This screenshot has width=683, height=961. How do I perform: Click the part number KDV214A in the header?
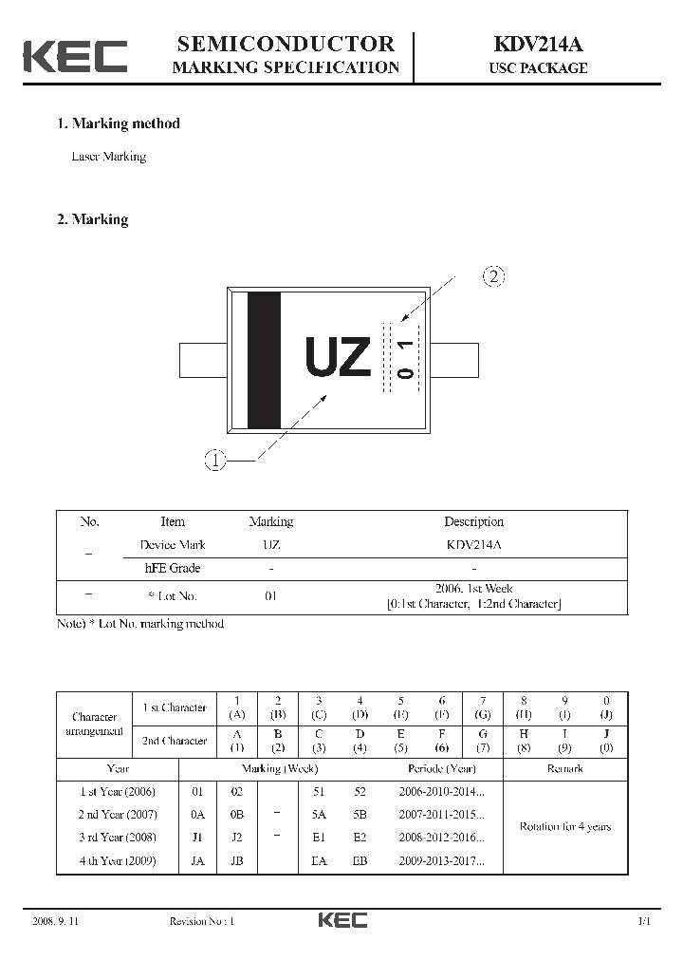click(537, 44)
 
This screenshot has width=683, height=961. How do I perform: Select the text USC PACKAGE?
click(538, 68)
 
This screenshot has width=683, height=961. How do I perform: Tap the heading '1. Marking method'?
click(119, 123)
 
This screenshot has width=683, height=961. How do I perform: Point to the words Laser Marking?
click(109, 157)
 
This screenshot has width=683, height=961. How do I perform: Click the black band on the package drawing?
click(264, 361)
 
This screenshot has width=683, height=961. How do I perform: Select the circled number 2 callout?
click(493, 277)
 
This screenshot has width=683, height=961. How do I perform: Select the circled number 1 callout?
click(215, 462)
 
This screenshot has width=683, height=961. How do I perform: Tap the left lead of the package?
click(203, 361)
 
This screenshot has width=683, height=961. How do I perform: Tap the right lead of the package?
click(454, 361)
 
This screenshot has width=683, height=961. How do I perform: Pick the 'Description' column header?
click(473, 521)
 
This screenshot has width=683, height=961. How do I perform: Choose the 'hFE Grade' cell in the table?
click(172, 568)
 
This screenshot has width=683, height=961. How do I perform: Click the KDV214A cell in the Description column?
click(473, 545)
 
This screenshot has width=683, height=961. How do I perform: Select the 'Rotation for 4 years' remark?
click(564, 826)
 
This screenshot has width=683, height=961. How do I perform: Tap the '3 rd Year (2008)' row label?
click(117, 838)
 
